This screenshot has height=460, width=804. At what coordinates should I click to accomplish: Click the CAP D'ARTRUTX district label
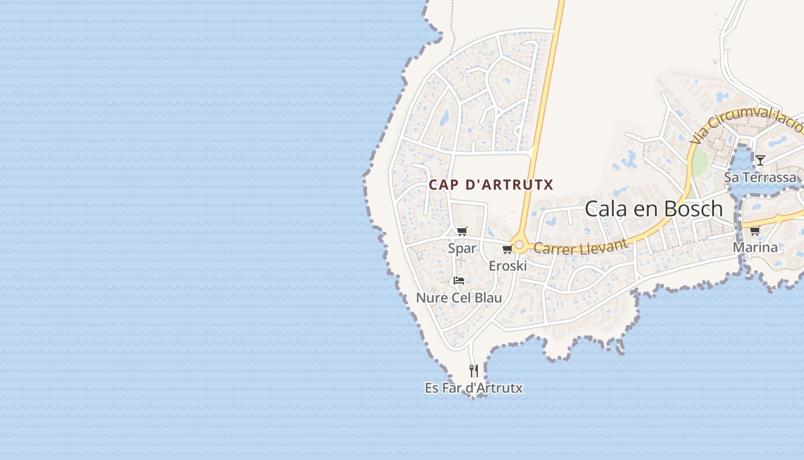pos(491,185)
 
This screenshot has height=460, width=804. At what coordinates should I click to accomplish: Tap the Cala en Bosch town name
pos(654,209)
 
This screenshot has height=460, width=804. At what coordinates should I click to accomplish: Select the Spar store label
pos(462,248)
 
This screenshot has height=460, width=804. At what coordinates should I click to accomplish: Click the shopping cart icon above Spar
pos(462,231)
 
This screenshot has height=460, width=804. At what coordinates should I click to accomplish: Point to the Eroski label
pos(508,266)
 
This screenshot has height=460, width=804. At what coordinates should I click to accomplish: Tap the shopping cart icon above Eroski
pos(507,249)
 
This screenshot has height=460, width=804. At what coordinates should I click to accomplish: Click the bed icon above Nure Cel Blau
pos(458,281)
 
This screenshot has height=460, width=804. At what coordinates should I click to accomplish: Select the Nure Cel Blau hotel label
pos(459,298)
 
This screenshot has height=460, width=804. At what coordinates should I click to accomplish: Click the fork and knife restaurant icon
pos(474,371)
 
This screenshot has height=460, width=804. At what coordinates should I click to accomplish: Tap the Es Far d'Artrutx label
pos(474,388)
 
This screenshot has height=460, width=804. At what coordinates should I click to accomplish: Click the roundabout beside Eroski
pos(519,246)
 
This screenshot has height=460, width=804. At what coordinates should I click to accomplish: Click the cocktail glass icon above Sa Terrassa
pos(760,160)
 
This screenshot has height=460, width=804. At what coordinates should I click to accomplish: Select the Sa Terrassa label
pos(760,177)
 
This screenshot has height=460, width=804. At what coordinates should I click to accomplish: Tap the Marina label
pos(755,248)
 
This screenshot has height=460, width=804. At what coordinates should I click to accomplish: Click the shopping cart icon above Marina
pos(755,231)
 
